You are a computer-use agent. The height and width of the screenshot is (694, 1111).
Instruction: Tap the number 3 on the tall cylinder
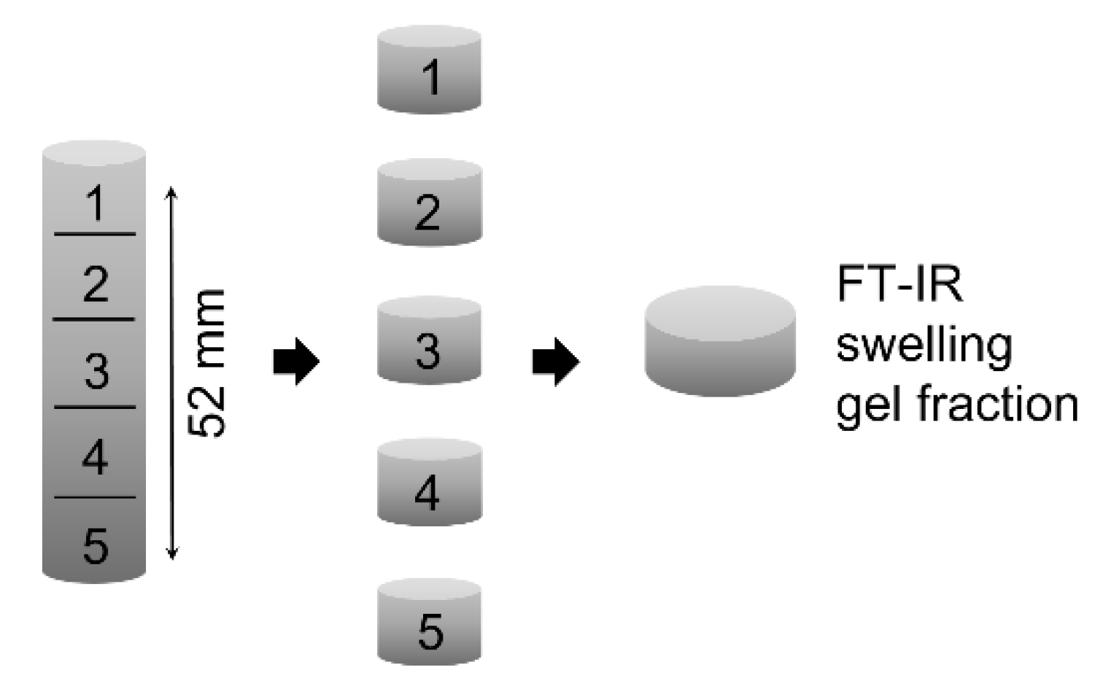(96, 370)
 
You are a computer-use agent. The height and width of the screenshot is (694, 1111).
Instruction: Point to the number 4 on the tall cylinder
(96, 458)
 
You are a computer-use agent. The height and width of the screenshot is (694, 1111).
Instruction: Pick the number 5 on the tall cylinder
(96, 545)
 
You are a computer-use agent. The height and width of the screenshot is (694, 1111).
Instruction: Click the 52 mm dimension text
(207, 363)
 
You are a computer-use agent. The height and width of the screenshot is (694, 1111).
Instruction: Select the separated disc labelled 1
(429, 71)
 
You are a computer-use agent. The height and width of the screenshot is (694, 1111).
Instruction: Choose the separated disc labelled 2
(429, 204)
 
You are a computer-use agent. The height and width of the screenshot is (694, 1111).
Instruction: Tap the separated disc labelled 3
(429, 341)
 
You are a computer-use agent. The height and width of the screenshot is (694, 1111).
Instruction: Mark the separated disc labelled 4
(429, 483)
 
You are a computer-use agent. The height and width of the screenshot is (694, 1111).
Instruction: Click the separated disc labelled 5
(429, 623)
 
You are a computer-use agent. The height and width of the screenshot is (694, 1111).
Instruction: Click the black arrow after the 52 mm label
(296, 361)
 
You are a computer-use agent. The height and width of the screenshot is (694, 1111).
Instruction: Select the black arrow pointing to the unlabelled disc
(556, 361)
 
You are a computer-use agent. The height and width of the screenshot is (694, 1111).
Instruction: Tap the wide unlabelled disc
(720, 341)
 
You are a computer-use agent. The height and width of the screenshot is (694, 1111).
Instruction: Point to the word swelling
(924, 344)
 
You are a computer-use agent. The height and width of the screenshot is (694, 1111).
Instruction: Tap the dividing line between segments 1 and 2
(95, 235)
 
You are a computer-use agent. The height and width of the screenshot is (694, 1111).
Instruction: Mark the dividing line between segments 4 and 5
(95, 498)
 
